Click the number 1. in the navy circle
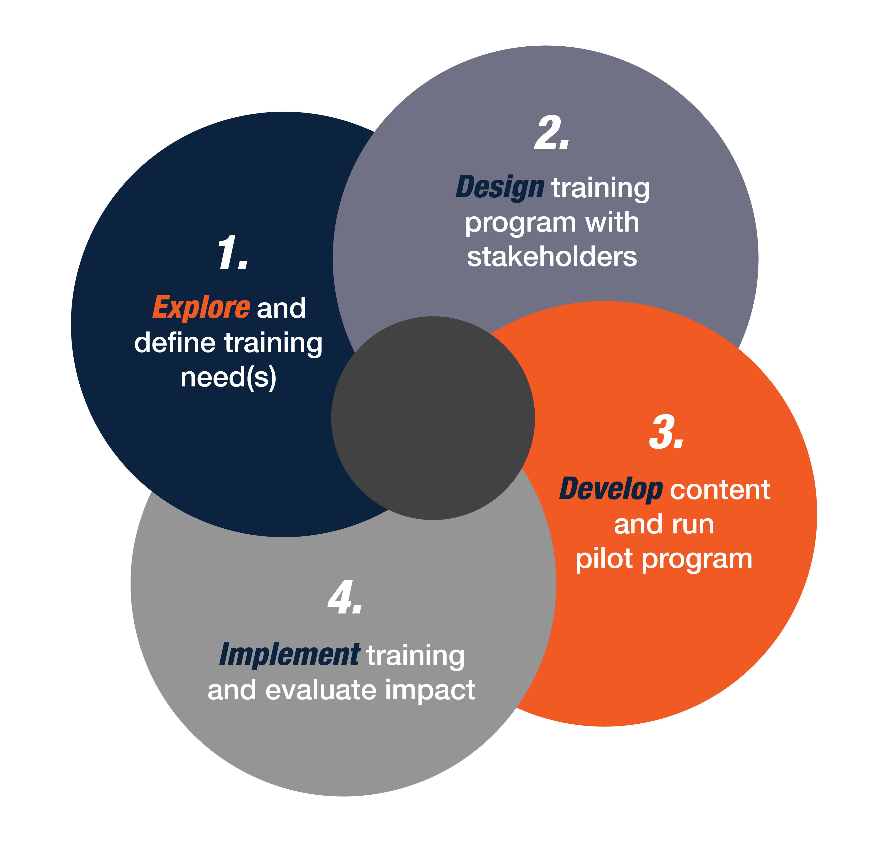click(232, 253)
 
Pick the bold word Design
click(500, 187)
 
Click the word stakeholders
click(552, 257)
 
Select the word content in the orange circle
click(720, 490)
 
